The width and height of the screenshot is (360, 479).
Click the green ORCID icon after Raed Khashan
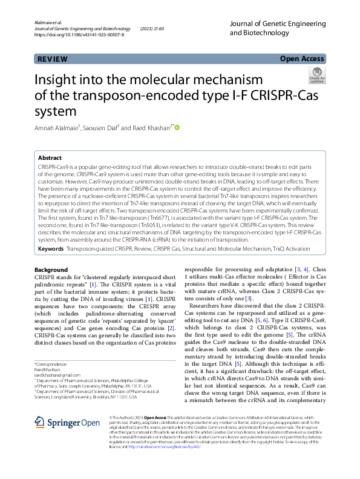click(x=178, y=127)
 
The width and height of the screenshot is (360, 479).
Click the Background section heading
click(x=51, y=269)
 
